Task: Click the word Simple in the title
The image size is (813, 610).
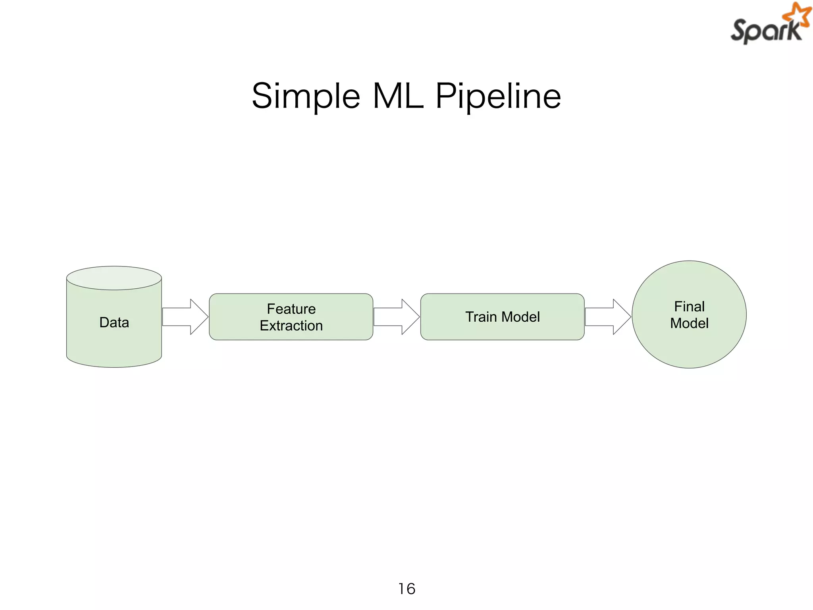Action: pyautogui.click(x=306, y=97)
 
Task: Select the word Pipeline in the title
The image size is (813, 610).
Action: pyautogui.click(x=498, y=97)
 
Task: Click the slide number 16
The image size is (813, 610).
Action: pyautogui.click(x=406, y=589)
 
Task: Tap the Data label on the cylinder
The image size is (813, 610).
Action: pyautogui.click(x=114, y=322)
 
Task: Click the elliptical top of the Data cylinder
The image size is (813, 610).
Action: pyautogui.click(x=114, y=278)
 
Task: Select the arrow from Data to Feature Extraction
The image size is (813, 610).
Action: pyautogui.click(x=185, y=317)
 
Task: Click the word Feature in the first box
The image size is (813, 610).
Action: pyautogui.click(x=291, y=309)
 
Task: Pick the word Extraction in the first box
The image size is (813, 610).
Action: pyautogui.click(x=291, y=326)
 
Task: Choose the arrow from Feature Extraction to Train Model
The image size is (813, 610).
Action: pyautogui.click(x=396, y=317)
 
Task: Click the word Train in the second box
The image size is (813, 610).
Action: pyautogui.click(x=481, y=317)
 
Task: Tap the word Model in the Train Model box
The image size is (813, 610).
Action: pyautogui.click(x=521, y=317)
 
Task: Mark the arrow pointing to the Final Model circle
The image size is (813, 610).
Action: pyautogui.click(x=607, y=317)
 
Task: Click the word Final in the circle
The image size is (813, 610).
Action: pyautogui.click(x=689, y=307)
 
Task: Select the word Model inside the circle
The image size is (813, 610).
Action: pyautogui.click(x=689, y=323)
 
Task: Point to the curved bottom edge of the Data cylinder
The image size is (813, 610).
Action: pyautogui.click(x=114, y=366)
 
